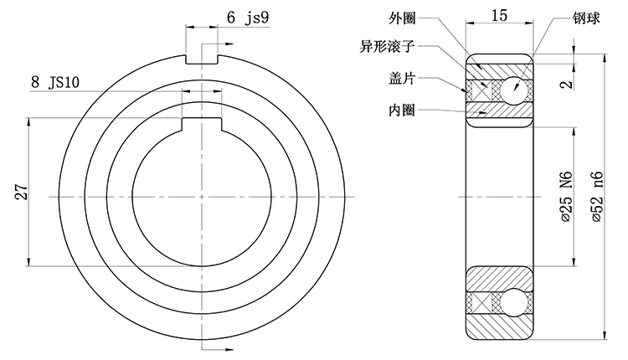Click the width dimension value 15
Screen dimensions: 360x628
pos(498,15)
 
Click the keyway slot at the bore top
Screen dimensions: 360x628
pos(201,125)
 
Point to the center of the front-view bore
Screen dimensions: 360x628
pos(201,196)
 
